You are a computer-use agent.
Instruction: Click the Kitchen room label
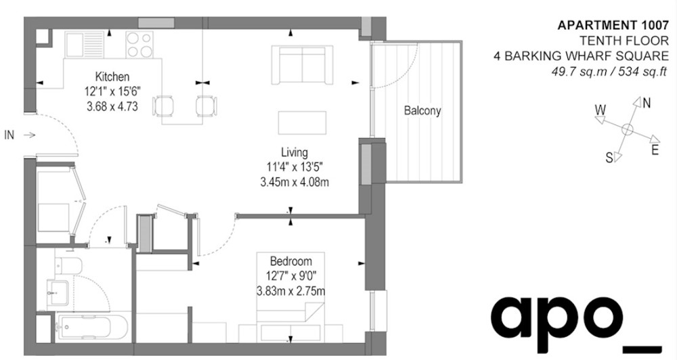click(112, 76)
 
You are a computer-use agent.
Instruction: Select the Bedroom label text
click(290, 261)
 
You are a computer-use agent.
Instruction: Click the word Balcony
click(422, 110)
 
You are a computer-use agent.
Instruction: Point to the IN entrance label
click(9, 135)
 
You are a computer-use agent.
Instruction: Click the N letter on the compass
click(646, 104)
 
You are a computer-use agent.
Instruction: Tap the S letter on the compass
click(609, 158)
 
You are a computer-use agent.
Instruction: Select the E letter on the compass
click(655, 150)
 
